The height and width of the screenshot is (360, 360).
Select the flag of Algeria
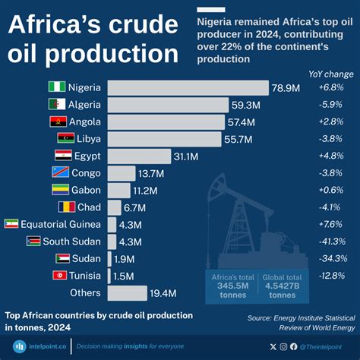57,105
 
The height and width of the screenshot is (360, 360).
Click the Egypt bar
139,156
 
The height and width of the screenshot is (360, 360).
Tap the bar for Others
127,292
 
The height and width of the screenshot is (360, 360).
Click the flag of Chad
65,207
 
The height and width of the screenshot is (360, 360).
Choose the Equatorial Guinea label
61,224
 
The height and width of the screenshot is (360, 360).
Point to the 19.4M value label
163,292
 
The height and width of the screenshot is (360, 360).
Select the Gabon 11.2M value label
144,190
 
